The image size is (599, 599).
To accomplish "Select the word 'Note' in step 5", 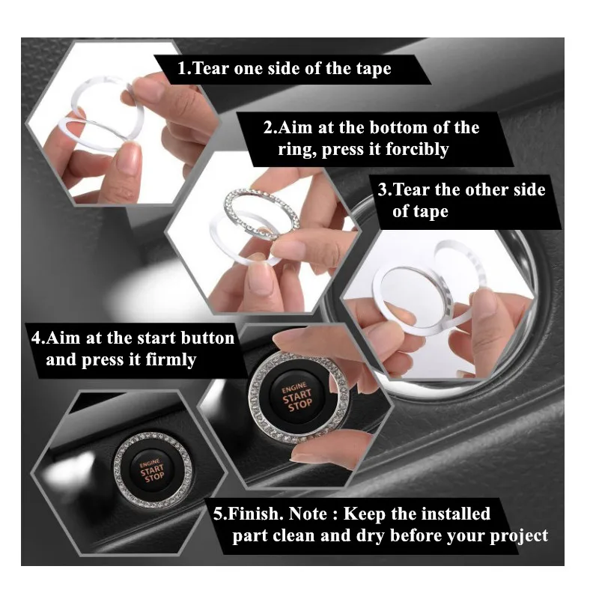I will (311, 514).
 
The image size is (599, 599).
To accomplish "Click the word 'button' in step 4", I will (210, 338).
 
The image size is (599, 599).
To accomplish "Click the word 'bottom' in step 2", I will (387, 127).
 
